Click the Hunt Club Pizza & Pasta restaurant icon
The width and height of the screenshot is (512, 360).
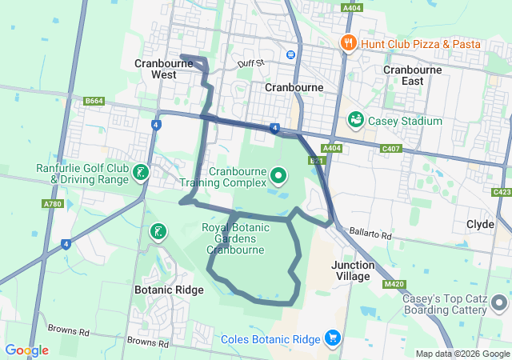coord(348,43)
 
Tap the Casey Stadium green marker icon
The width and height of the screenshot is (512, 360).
coord(356,120)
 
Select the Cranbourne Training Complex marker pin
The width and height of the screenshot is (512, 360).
coord(278,174)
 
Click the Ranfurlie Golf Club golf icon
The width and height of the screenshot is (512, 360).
coord(141,173)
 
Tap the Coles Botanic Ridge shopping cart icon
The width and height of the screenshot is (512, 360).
coord(332,338)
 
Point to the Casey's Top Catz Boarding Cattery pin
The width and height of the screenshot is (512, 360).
coord(499,303)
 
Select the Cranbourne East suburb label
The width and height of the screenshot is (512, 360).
coord(412,75)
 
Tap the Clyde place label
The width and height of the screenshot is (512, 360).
coord(480,225)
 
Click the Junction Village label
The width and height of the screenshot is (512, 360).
coord(352,270)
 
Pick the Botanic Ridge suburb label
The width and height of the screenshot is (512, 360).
coord(169,290)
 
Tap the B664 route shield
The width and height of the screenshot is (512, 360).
coord(94,101)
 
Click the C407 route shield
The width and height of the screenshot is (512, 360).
coord(391,149)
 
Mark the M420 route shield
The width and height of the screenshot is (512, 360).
coord(394,284)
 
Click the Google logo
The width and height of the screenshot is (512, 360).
coord(26,350)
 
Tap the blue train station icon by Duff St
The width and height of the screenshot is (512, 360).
coord(290,54)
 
